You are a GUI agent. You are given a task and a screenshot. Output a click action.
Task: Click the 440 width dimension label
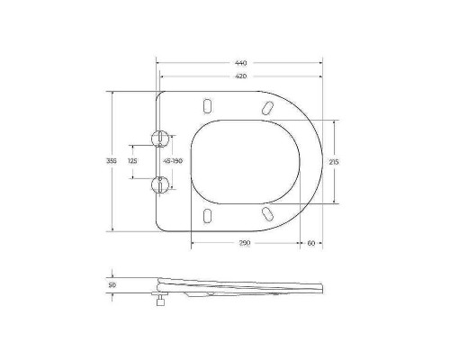(x=241, y=63)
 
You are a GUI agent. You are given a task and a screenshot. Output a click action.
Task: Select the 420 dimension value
(x=241, y=76)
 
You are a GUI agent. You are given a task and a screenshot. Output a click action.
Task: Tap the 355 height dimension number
(x=112, y=161)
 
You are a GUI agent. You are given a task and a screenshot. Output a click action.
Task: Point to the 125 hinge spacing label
(x=132, y=161)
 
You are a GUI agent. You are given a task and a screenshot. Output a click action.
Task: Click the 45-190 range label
(x=173, y=161)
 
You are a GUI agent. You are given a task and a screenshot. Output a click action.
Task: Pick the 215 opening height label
(x=334, y=162)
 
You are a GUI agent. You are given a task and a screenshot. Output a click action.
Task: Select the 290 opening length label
(x=245, y=243)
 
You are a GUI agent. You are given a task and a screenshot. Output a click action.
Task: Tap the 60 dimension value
(x=311, y=243)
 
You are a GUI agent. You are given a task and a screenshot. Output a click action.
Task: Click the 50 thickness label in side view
(x=112, y=284)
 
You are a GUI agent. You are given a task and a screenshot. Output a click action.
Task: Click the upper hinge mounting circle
(x=159, y=139)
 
